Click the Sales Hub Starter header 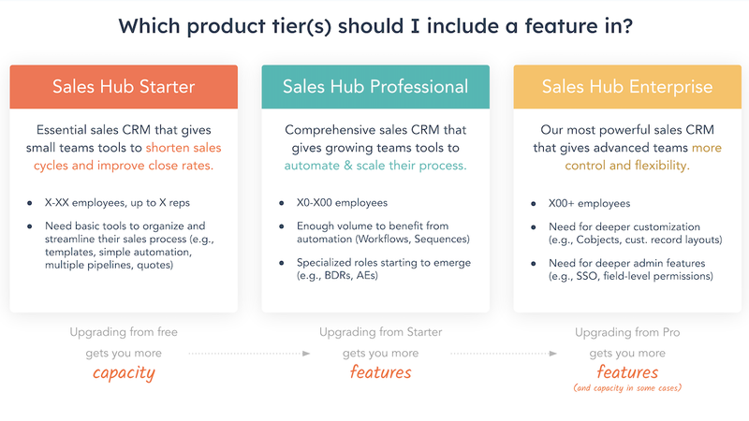(124, 87)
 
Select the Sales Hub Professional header (375, 87)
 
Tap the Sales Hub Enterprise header (627, 87)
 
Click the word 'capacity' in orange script (123, 373)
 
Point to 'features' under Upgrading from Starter (380, 372)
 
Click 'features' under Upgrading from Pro (627, 371)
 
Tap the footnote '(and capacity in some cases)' (627, 388)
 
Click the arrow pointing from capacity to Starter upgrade (249, 354)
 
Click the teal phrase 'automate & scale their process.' (375, 166)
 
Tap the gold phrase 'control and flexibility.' (627, 166)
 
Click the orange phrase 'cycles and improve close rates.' (124, 166)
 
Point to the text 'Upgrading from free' (123, 332)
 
